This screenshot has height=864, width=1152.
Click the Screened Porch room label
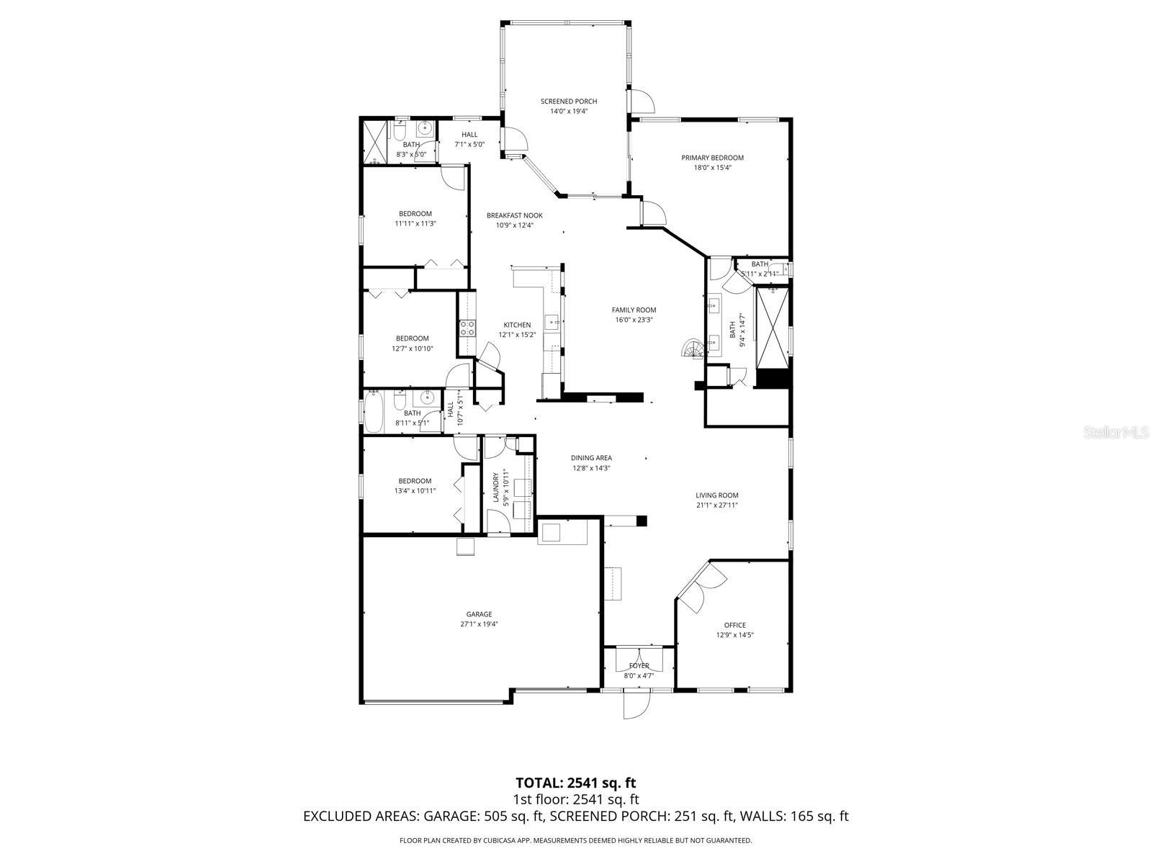(569, 102)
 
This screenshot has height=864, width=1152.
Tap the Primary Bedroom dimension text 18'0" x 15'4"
(712, 168)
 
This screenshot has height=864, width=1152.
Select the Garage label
(479, 614)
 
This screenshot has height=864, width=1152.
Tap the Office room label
(735, 625)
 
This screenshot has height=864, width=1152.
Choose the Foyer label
(639, 665)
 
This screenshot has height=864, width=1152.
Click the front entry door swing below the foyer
(637, 704)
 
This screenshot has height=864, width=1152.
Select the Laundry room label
(495, 489)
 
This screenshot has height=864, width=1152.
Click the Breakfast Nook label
(514, 215)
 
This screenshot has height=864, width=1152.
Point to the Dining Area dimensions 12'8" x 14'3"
(591, 468)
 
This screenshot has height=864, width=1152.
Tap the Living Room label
(716, 495)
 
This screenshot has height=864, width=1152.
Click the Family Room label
(634, 310)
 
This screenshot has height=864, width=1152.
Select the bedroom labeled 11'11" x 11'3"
(415, 218)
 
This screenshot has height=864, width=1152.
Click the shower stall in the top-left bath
(374, 142)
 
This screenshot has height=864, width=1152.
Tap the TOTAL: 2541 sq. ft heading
(575, 783)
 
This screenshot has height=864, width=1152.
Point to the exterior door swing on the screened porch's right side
(642, 100)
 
